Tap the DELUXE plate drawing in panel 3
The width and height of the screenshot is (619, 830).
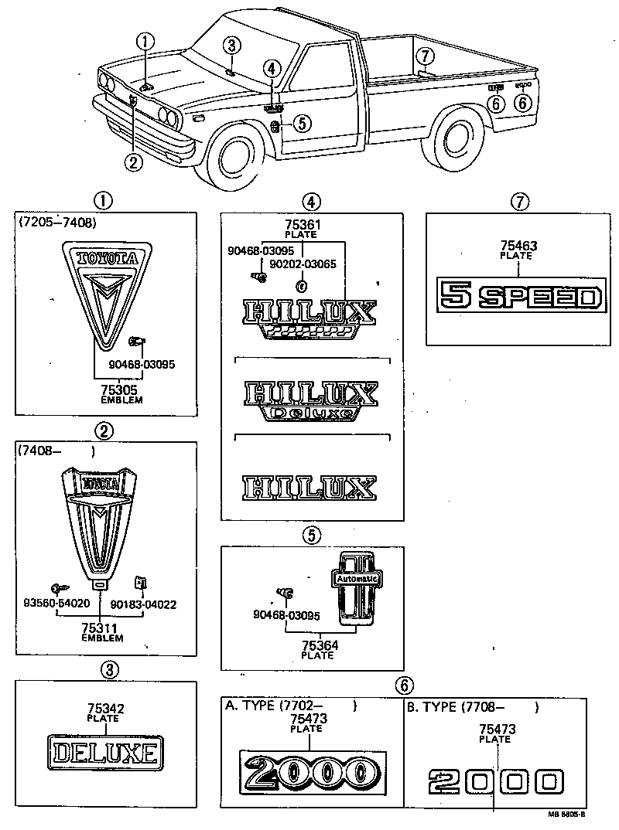104,752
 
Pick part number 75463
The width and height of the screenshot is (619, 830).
519,247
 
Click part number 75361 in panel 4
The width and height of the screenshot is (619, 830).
302,225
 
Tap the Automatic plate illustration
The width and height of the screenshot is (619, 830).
357,588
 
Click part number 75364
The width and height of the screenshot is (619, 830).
317,646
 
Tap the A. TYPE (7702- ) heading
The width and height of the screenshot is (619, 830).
290,706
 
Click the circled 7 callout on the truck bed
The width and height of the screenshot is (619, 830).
422,56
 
